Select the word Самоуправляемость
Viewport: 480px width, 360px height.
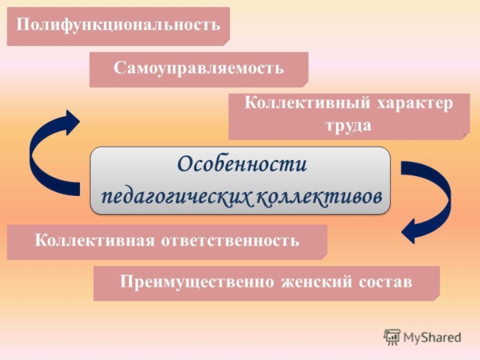click(199, 67)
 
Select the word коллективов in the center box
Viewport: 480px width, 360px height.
click(319, 196)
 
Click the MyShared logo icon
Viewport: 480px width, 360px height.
click(392, 337)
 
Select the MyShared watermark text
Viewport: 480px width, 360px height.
click(432, 337)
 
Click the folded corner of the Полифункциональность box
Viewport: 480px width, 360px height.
click(226, 41)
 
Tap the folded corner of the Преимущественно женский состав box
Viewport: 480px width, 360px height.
click(436, 297)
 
